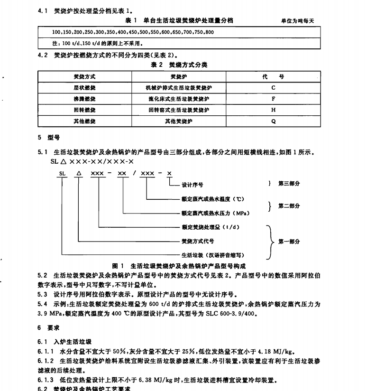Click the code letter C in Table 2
274,88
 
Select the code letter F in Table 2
274,99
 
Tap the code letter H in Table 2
274,110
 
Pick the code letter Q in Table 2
274,121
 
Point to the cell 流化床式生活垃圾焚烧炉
178,99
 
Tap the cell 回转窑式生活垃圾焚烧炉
178,110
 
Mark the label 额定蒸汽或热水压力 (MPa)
216,213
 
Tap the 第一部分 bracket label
289,242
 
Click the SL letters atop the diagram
61,174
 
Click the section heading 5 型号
48,138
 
